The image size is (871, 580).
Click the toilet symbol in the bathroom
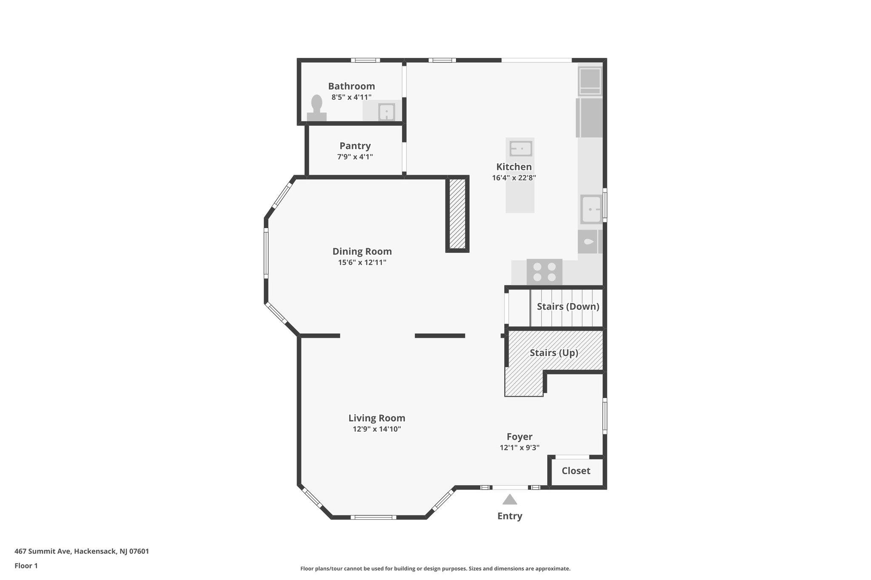[316, 108]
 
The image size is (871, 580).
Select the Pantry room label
[355, 146]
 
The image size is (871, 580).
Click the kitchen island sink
[521, 149]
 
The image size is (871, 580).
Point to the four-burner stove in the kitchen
[544, 272]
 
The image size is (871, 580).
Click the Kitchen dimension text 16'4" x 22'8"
[514, 178]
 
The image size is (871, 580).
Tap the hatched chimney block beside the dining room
[457, 214]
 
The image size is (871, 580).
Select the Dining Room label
[362, 251]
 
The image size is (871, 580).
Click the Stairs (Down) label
[568, 306]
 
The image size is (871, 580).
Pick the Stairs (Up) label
[554, 353]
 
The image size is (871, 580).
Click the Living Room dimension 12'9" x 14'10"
[377, 429]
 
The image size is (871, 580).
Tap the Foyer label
[519, 436]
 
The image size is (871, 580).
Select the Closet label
[576, 471]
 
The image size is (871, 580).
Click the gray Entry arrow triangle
[510, 500]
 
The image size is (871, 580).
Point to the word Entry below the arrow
[510, 516]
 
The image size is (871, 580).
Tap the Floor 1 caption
[26, 566]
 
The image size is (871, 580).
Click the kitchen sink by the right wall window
[591, 209]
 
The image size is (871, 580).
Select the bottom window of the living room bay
[373, 517]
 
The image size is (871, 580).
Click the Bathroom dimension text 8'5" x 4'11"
[351, 97]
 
